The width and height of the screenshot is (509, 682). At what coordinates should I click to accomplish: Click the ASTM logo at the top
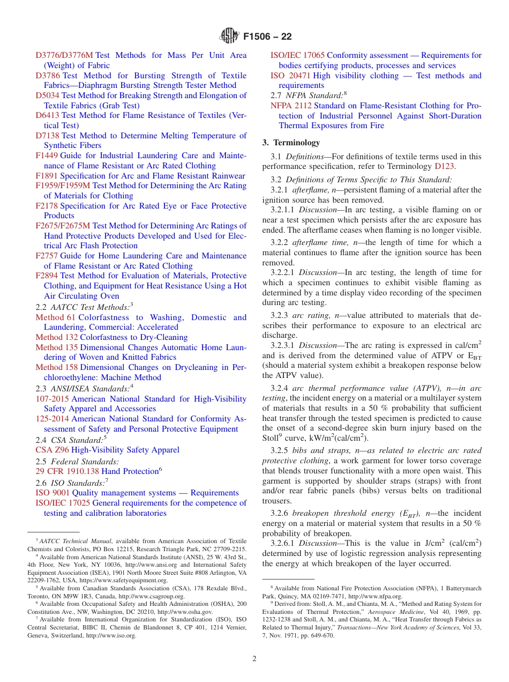point(229,37)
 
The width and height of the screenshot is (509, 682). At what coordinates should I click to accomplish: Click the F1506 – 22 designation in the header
point(267,37)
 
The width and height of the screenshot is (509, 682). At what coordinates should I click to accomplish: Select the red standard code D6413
point(48,115)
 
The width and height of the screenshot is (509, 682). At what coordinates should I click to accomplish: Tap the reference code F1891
point(47,176)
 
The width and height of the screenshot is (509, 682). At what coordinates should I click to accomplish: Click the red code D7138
point(48,136)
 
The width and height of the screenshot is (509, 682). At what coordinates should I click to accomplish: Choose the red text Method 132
point(57,337)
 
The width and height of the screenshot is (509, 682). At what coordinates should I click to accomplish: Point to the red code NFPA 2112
point(291,106)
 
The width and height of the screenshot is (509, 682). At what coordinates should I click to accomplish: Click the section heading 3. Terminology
point(291,143)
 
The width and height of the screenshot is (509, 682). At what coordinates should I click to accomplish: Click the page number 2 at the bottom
point(254,658)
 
